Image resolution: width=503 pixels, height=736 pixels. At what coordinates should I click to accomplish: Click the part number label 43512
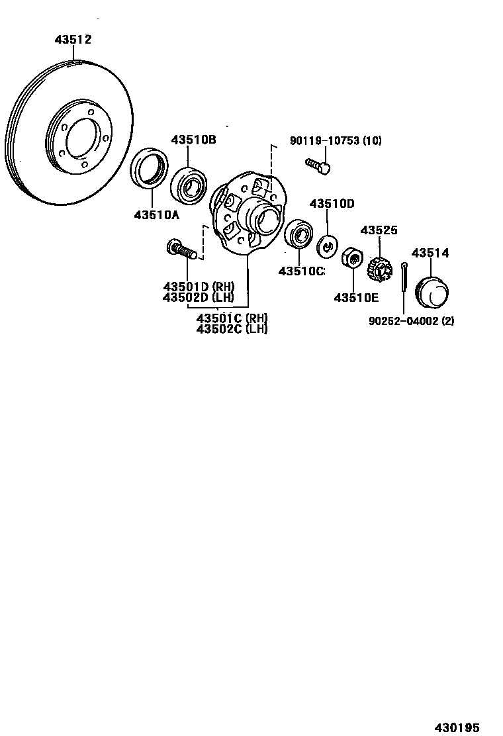73,40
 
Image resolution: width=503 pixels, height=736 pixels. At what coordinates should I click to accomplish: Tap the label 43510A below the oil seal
157,214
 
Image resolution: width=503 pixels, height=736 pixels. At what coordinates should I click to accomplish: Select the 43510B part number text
193,140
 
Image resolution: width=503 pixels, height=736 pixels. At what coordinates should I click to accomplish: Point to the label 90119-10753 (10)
336,141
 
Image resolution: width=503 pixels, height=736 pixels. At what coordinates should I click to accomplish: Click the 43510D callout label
332,204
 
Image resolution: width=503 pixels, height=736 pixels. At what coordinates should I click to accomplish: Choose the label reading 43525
379,230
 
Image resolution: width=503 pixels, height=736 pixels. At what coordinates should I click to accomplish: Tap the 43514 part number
430,253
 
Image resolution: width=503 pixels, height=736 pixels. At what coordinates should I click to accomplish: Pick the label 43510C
301,271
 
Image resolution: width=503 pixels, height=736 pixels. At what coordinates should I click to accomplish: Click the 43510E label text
356,298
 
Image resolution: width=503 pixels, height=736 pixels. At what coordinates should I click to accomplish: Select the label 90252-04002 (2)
411,321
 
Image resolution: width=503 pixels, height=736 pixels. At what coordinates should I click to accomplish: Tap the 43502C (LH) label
232,328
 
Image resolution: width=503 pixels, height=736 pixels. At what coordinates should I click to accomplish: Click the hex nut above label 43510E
351,257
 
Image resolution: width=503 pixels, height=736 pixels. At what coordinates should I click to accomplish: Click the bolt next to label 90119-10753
318,165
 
